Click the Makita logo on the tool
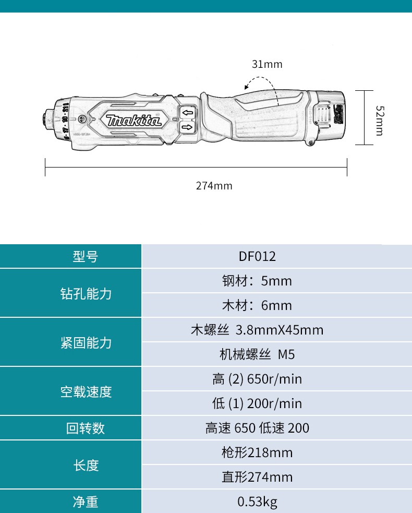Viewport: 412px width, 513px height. tap(134, 121)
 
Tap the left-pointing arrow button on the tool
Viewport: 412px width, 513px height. tap(187, 113)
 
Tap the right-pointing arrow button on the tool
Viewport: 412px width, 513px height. tap(187, 127)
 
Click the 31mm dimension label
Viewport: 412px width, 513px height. tap(267, 64)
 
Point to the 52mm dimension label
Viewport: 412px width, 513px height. tap(380, 121)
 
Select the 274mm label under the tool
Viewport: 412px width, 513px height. tap(214, 186)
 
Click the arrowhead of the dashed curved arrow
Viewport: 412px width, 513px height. tap(247, 87)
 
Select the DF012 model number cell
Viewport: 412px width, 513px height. tap(257, 256)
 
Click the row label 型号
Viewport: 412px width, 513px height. tap(86, 256)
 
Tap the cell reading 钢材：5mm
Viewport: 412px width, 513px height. tap(257, 281)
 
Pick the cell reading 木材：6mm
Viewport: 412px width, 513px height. tap(257, 305)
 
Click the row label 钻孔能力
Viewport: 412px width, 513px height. tap(86, 293)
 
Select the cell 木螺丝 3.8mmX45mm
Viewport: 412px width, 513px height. tap(257, 330)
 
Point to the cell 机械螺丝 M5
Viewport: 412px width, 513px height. tap(257, 354)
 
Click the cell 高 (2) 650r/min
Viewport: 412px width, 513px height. tap(257, 379)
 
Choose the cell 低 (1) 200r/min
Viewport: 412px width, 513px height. tap(257, 403)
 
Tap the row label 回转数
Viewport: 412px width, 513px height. tap(86, 428)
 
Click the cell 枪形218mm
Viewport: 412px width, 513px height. tap(257, 452)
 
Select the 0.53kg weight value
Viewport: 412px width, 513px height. tap(257, 502)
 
